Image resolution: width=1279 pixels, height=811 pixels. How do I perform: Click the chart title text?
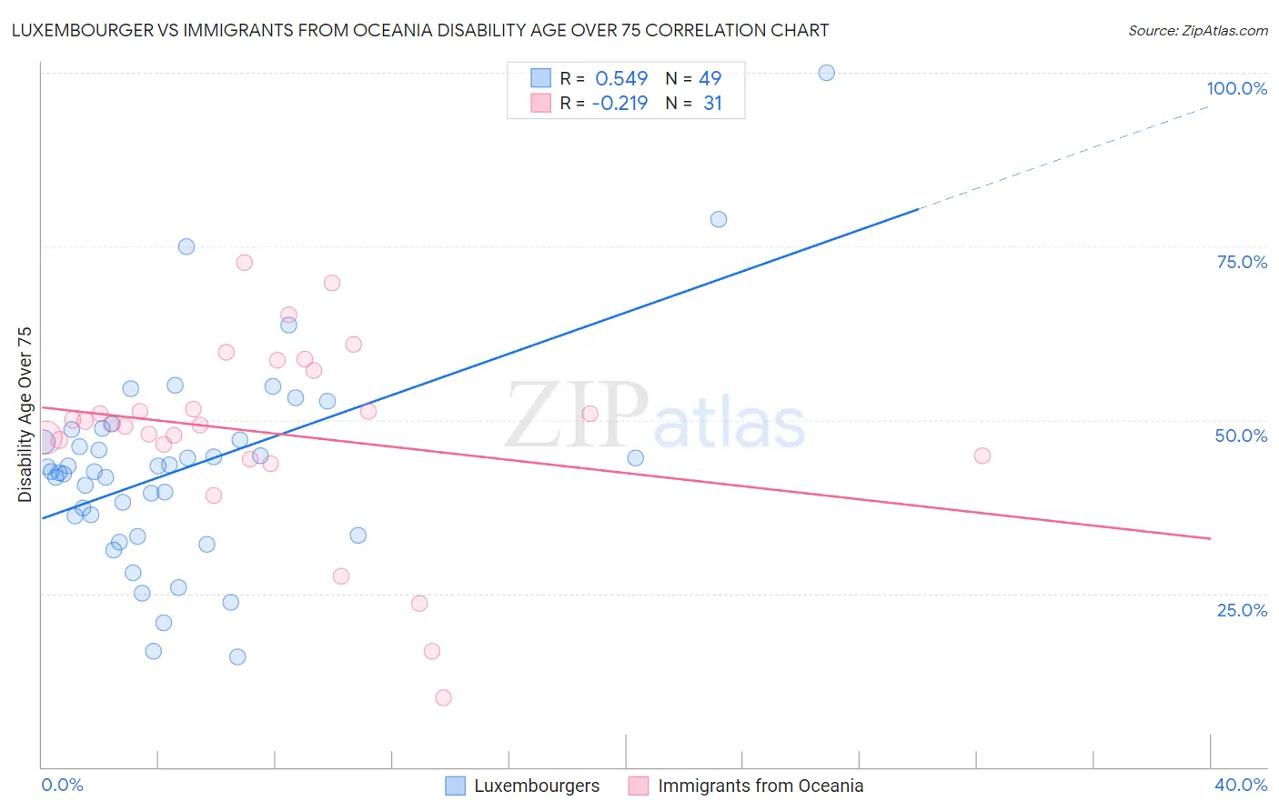[x=419, y=30]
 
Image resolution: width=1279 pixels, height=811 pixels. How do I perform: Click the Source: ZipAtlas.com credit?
[x=1197, y=30]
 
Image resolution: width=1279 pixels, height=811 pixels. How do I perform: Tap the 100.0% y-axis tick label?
[x=1236, y=88]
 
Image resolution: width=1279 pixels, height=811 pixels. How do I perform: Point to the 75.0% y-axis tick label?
[x=1242, y=262]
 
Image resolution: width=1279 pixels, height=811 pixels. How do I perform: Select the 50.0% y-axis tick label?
[x=1241, y=436]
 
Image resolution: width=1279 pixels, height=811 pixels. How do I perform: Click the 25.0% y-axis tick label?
[x=1242, y=609]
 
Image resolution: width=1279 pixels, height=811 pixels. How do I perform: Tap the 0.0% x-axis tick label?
[x=62, y=785]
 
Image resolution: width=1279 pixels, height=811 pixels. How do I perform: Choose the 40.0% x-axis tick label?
[x=1240, y=785]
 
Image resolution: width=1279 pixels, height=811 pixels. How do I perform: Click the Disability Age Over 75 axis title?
[x=25, y=414]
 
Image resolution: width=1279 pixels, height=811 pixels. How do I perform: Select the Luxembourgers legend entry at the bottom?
[x=523, y=786]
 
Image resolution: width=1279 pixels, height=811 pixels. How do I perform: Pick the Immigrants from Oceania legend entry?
[x=747, y=786]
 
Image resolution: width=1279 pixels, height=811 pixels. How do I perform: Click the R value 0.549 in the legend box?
[x=621, y=78]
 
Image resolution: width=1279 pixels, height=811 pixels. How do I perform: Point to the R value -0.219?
[x=619, y=103]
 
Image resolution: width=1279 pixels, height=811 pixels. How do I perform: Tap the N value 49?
[x=710, y=78]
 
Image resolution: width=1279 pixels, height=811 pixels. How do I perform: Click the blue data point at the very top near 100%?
[x=826, y=73]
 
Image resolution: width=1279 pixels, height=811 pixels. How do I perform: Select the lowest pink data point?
[x=443, y=698]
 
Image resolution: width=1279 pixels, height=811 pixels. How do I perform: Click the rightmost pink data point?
[x=982, y=456]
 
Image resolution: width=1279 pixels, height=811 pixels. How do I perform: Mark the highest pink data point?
[x=244, y=263]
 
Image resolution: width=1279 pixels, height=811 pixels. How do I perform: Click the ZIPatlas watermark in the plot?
[x=655, y=416]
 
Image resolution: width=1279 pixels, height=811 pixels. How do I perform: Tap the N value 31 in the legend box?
[x=712, y=103]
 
